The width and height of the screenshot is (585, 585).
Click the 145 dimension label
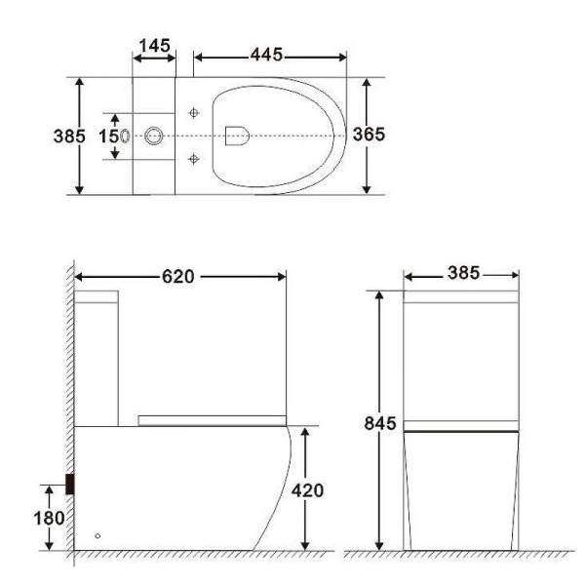[x=154, y=45]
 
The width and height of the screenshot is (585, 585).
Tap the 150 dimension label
[x=111, y=136]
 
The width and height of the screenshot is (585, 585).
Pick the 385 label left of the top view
[x=68, y=136]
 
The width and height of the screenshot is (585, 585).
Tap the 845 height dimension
[x=378, y=423]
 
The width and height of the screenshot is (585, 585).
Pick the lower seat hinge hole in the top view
[x=195, y=158]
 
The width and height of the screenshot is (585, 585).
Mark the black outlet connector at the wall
[x=71, y=483]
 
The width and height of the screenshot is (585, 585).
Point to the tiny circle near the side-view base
[x=97, y=536]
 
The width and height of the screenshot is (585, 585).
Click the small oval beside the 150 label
[x=126, y=136]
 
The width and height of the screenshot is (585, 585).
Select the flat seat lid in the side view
[x=213, y=418]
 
